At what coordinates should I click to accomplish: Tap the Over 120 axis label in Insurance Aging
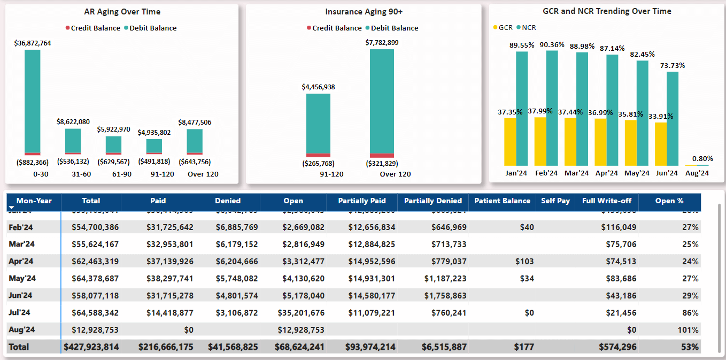pyautogui.click(x=395, y=174)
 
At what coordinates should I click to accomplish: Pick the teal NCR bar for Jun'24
pyautogui.click(x=673, y=118)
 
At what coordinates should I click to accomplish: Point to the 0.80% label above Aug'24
pyautogui.click(x=702, y=158)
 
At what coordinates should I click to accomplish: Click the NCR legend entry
pyautogui.click(x=528, y=27)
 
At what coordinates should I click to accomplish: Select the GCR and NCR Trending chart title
pyautogui.click(x=607, y=11)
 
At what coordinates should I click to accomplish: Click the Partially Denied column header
pyautogui.click(x=432, y=201)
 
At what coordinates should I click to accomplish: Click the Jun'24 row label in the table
pyautogui.click(x=20, y=296)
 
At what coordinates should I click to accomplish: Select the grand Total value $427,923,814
pyautogui.click(x=91, y=347)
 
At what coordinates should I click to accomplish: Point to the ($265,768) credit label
pyautogui.click(x=318, y=164)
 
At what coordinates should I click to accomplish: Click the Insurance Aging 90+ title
pyautogui.click(x=364, y=12)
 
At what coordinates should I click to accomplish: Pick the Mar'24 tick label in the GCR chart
pyautogui.click(x=576, y=173)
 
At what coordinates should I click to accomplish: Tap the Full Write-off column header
pyautogui.click(x=607, y=201)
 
